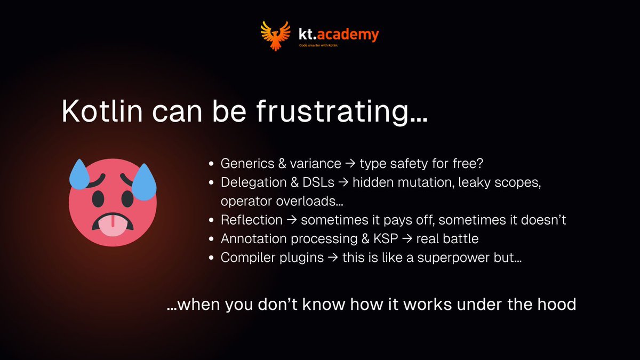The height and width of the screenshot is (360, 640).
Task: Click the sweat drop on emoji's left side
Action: pos(79,173)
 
